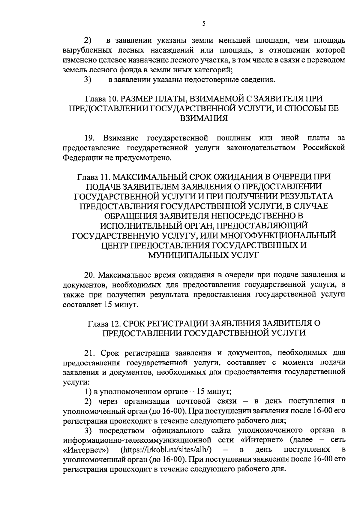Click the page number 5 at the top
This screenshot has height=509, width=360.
coord(204,24)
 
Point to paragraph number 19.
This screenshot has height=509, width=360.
coord(90,138)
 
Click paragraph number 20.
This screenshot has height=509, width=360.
coord(90,275)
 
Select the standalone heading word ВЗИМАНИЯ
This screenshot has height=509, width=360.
coord(203,118)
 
